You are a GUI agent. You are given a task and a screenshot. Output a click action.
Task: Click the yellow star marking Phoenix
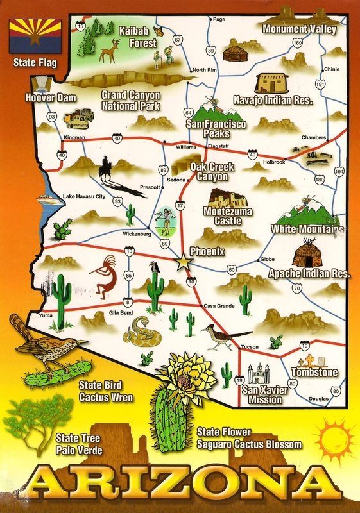tap(183, 262)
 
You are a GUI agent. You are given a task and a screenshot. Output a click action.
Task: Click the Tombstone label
tap(314, 372)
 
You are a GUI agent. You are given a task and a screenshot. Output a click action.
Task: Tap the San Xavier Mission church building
tap(262, 373)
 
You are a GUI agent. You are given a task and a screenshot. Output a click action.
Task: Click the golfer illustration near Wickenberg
tap(164, 218)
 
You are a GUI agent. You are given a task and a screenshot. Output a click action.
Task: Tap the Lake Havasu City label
tap(83, 196)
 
